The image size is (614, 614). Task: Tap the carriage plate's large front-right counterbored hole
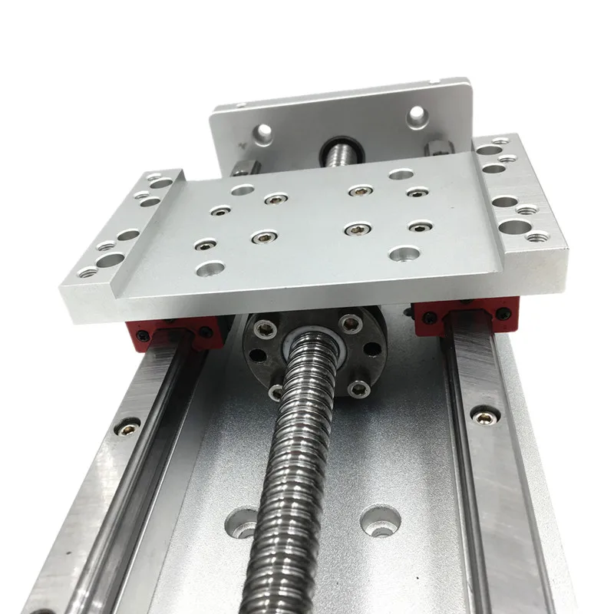(401, 253)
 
